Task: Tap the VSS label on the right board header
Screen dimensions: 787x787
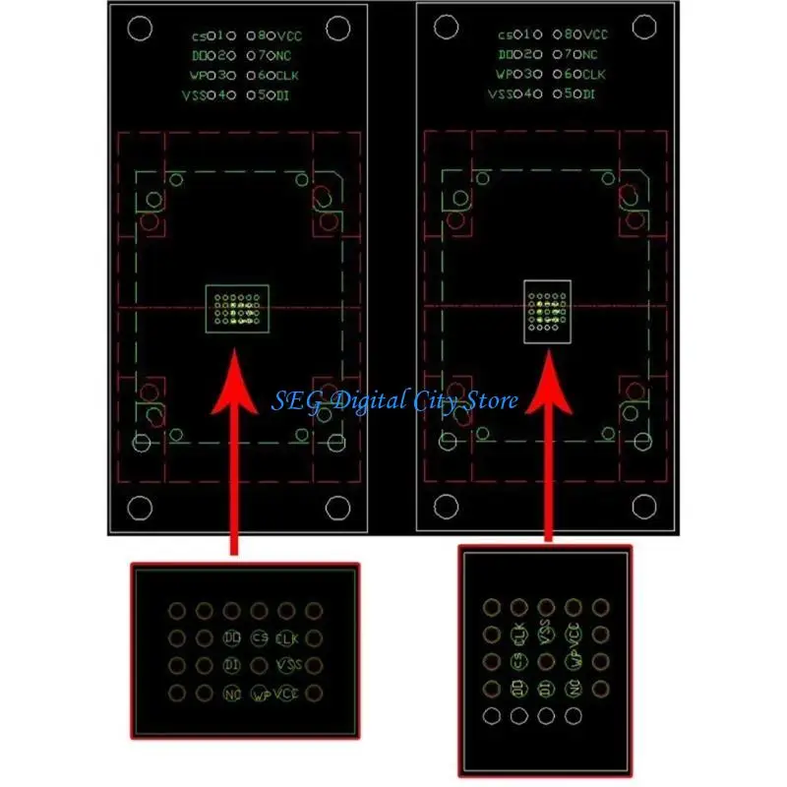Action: coord(500,94)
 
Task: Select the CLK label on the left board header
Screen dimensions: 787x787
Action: coord(291,75)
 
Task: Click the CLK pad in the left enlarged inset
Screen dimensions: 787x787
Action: coord(286,638)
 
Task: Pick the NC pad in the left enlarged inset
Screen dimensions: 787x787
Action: coord(232,695)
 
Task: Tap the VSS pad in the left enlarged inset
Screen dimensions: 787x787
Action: coord(288,666)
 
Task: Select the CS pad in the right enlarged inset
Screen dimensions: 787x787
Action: coord(518,661)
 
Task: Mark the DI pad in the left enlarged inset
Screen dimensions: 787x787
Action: coord(232,666)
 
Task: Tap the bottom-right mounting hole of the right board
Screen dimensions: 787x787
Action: coord(643,508)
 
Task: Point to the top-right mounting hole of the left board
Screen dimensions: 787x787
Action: coord(338,29)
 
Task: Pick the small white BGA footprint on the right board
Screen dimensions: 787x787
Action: coord(546,310)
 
